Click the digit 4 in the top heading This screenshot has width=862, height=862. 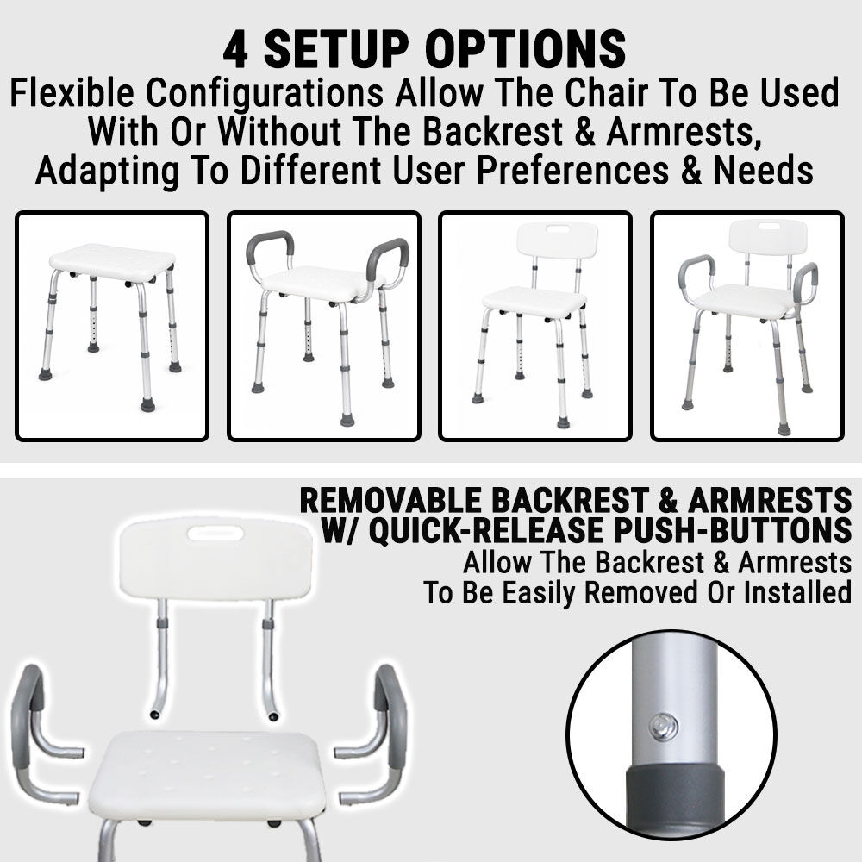click(x=234, y=50)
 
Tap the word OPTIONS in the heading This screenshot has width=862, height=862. click(x=525, y=49)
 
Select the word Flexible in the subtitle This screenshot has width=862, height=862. click(x=72, y=92)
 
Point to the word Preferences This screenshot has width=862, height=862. click(x=572, y=170)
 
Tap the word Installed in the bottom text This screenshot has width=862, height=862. click(x=797, y=592)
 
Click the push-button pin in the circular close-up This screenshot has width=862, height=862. click(x=664, y=728)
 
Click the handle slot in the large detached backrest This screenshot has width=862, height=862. click(x=215, y=533)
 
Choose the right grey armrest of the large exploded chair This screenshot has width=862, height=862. click(x=390, y=715)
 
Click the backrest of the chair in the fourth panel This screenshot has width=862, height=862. click(x=768, y=237)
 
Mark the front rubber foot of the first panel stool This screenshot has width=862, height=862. click(x=147, y=406)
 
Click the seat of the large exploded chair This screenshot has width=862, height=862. click(x=207, y=773)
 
